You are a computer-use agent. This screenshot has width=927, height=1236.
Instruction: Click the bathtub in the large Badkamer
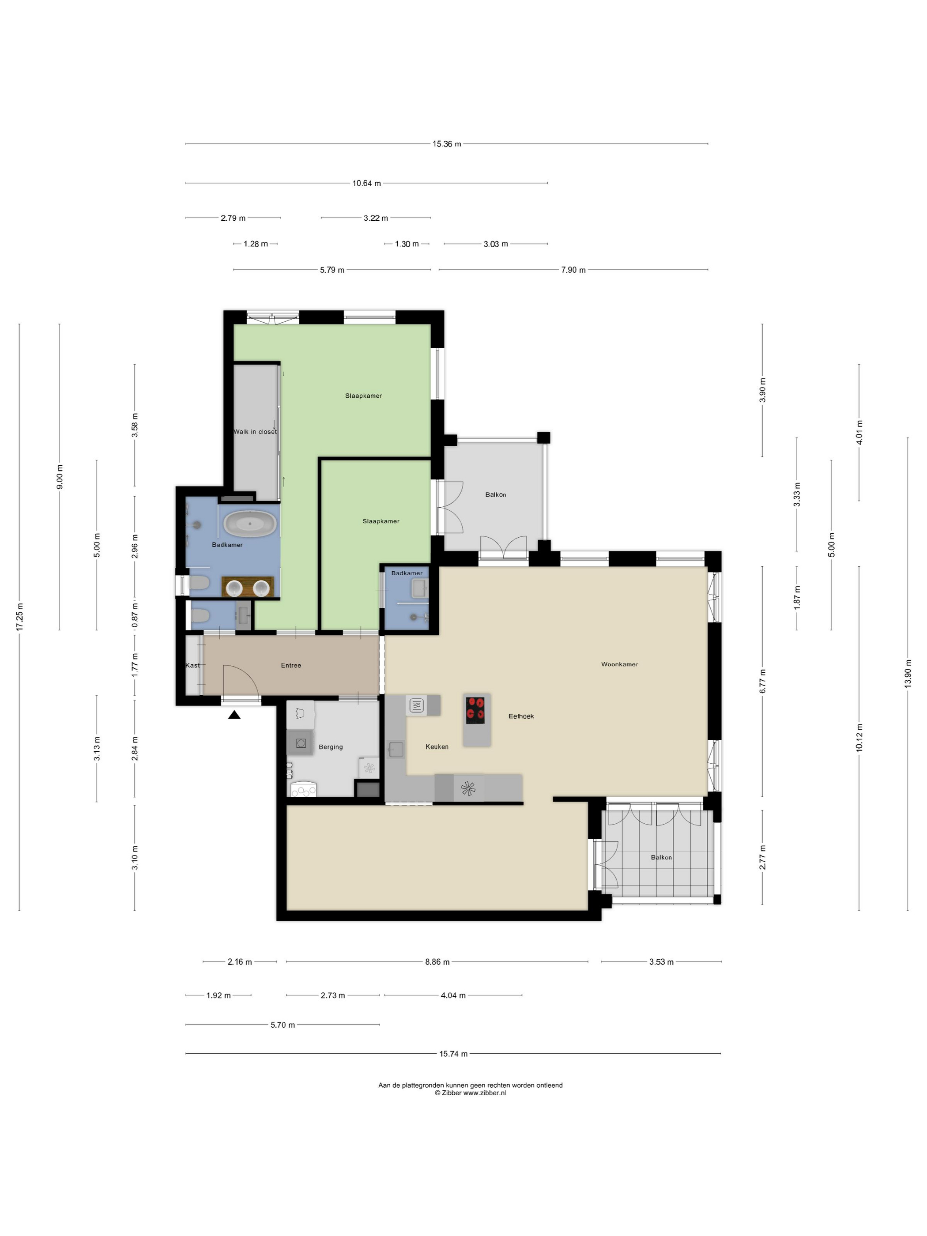250,524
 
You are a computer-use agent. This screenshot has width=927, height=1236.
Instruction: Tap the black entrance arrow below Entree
234,714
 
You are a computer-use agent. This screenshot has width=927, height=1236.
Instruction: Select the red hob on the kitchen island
475,710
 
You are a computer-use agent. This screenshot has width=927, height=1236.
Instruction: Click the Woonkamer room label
619,664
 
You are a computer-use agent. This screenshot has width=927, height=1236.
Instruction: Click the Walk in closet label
255,431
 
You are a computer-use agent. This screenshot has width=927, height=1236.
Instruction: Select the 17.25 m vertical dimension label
19,617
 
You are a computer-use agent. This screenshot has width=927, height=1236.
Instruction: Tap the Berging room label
331,746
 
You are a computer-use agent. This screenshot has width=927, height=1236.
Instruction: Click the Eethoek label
521,716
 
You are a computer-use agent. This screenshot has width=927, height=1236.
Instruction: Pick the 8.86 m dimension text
437,961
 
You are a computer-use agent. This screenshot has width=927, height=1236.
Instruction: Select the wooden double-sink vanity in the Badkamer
249,587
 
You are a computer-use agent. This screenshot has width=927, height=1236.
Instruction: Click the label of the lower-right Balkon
661,857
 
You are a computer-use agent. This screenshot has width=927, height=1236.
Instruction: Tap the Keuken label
437,746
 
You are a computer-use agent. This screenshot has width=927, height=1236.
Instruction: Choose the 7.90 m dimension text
573,270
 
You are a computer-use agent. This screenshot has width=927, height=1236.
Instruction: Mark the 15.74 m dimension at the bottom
453,1054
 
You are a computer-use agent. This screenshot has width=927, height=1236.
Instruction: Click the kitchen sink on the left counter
396,749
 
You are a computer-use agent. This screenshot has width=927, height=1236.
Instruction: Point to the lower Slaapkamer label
381,521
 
